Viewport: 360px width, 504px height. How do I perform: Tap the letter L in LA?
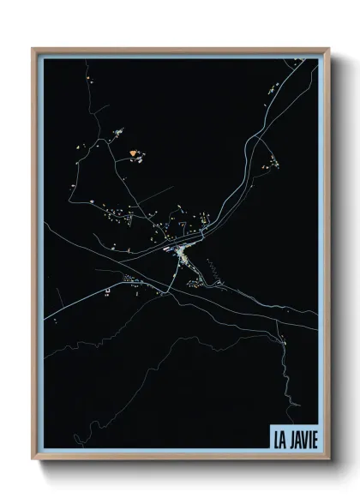(x=276, y=437)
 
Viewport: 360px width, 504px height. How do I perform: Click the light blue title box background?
(x=294, y=429)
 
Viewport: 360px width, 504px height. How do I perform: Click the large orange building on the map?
(x=133, y=153)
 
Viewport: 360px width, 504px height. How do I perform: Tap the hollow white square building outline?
(x=108, y=292)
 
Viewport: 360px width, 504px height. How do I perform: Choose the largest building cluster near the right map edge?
(x=273, y=163)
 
